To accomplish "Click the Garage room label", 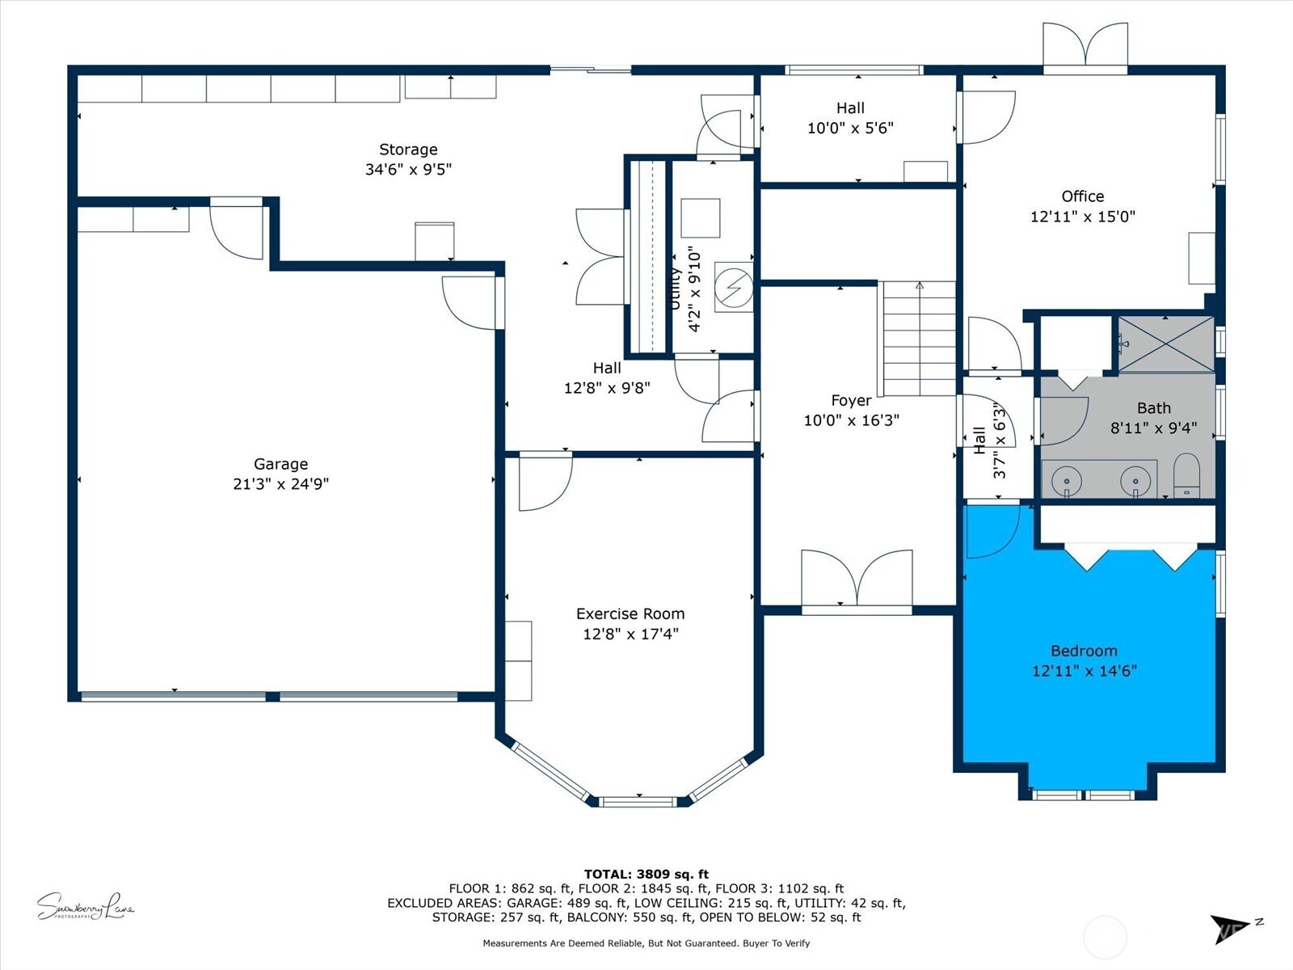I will coord(280,464).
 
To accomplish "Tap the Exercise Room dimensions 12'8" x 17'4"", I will coord(630,634).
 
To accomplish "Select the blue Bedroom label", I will coord(1084,651).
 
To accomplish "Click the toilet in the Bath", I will coord(1186,476).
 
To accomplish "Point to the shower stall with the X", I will coord(1165,344).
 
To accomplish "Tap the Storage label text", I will coord(408,150).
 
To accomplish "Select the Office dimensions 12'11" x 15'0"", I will coord(1082,217).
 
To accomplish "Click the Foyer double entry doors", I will coord(857,578).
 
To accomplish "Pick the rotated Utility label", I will coord(676,289).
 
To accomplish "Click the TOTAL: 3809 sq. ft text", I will coord(646,874).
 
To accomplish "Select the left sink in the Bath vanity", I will coord(1067,480).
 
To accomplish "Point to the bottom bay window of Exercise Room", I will coord(637,801).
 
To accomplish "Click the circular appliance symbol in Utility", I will coord(734,286).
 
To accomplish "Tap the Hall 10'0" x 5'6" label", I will coord(850,118).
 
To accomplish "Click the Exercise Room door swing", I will coord(543,483).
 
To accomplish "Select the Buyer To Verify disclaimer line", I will coord(646,943).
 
